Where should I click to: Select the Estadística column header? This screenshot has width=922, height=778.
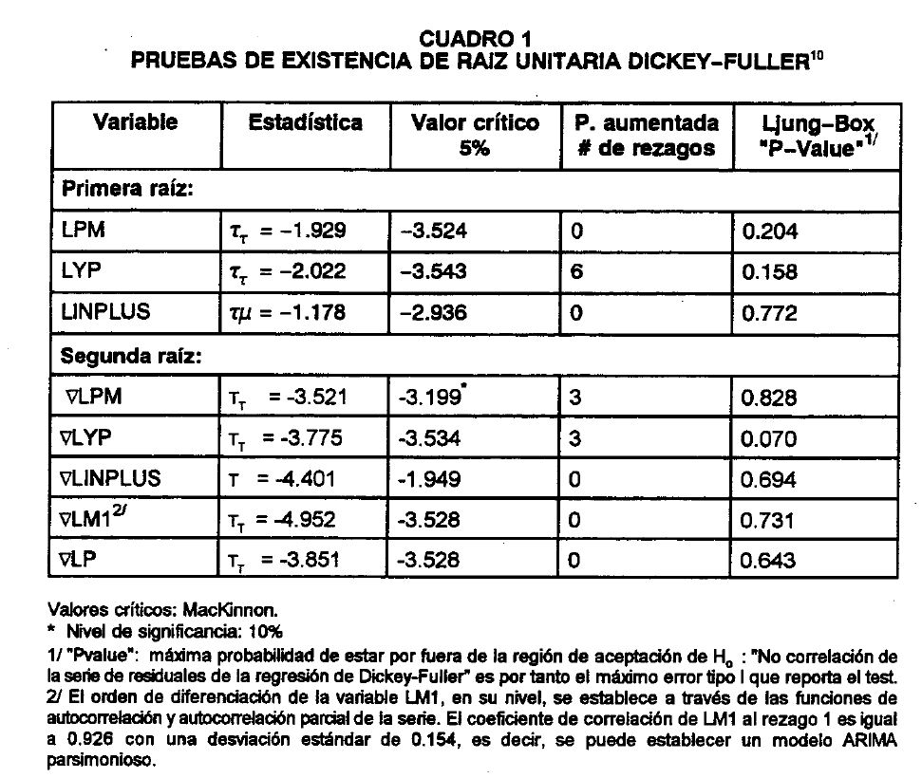point(305,122)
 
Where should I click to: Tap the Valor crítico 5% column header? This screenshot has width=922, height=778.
point(475,135)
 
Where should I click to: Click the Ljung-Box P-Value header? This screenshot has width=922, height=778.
point(819,136)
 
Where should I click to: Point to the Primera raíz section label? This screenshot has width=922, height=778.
point(127,188)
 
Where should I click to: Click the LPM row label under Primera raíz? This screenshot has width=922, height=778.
point(83,229)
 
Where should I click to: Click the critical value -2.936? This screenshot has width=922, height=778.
point(433,312)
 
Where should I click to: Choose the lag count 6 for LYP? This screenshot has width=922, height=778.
point(575,271)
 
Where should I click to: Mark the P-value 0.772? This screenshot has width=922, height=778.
point(770,312)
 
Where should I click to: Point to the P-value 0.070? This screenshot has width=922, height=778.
point(769,439)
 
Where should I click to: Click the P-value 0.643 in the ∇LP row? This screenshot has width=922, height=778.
point(769,560)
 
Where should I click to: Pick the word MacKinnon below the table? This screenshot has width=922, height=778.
point(224,610)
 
